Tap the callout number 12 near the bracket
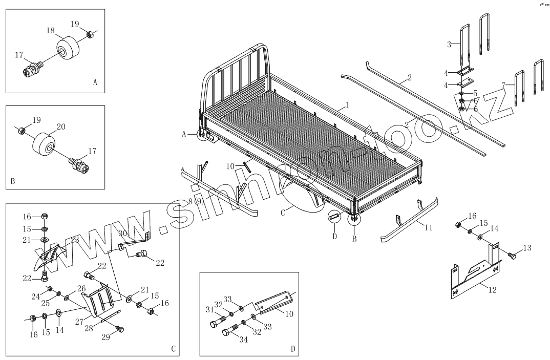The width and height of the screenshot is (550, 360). pyautogui.click(x=492, y=290)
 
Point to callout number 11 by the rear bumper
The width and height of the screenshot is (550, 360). pyautogui.click(x=428, y=227)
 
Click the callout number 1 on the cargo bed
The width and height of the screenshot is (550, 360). pyautogui.click(x=347, y=105)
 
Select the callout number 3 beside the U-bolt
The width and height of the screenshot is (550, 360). pyautogui.click(x=449, y=45)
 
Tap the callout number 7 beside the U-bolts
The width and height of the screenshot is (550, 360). pyautogui.click(x=504, y=84)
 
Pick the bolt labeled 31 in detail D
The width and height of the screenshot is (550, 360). pyautogui.click(x=215, y=324)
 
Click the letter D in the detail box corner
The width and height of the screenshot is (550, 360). pyautogui.click(x=293, y=349)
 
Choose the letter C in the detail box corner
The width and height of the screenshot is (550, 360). pyautogui.click(x=173, y=349)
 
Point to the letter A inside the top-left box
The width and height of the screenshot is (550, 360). pyautogui.click(x=95, y=81)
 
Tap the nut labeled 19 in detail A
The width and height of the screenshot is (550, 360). pyautogui.click(x=89, y=34)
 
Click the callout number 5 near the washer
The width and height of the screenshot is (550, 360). pyautogui.click(x=475, y=93)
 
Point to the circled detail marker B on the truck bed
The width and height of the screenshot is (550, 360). pyautogui.click(x=353, y=219)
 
